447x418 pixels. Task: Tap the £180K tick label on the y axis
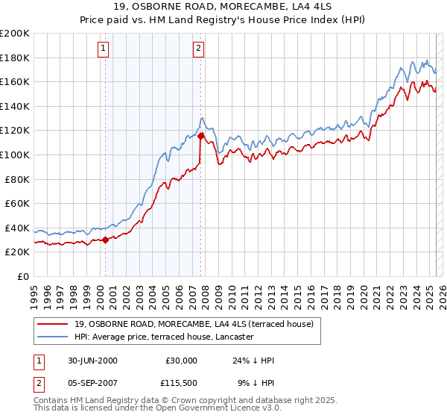tap(15, 57)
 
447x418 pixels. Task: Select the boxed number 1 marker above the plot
tap(103, 49)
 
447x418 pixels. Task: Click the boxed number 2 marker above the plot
tap(199, 49)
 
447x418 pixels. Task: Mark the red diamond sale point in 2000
tap(105, 240)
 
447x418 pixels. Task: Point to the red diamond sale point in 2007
tap(200, 136)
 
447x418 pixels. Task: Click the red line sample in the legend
tap(54, 324)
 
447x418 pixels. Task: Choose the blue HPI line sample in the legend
tap(54, 337)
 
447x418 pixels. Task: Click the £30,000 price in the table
tap(182, 361)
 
